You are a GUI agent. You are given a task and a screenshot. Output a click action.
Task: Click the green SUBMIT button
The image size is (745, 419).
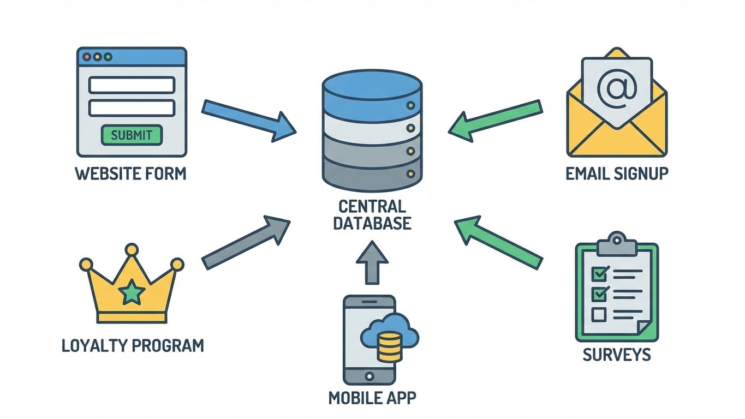pyautogui.click(x=132, y=135)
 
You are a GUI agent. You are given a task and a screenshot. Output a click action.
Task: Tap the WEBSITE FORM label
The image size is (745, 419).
pyautogui.click(x=130, y=173)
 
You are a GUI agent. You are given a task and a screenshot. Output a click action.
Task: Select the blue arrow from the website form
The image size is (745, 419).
pyautogui.click(x=248, y=120)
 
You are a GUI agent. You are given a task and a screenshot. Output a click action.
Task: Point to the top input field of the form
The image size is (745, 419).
pyautogui.click(x=132, y=85)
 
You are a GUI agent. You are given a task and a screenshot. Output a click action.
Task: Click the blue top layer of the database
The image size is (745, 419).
pyautogui.click(x=372, y=93)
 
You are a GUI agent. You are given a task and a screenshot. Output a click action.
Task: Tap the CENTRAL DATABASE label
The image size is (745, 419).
pyautogui.click(x=372, y=215)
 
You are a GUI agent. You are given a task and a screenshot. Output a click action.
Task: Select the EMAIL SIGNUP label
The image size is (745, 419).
pyautogui.click(x=617, y=173)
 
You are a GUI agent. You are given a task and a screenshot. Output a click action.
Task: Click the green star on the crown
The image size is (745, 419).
pyautogui.click(x=132, y=293)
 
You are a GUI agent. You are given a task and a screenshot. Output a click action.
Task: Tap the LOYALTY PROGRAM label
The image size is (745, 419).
pyautogui.click(x=133, y=345)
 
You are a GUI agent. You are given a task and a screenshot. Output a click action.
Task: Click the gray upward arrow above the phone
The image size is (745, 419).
pyautogui.click(x=372, y=263)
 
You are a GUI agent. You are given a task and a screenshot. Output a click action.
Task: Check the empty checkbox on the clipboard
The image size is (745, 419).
pyautogui.click(x=600, y=314)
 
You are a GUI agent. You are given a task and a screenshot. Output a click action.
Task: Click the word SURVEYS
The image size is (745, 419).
pyautogui.click(x=617, y=355)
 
